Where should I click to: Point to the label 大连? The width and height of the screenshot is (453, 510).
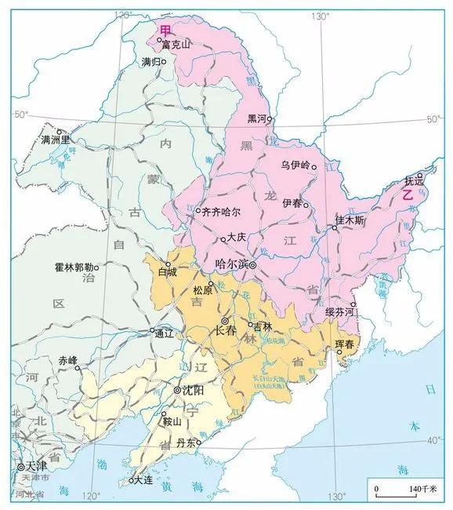(144, 480)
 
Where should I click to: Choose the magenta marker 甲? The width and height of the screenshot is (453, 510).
(165, 30)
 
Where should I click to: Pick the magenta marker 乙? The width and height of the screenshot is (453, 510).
(408, 196)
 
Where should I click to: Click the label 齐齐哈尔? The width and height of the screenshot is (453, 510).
(221, 211)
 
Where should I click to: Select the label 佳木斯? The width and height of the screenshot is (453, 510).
(350, 219)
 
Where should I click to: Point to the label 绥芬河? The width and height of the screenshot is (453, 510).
(341, 312)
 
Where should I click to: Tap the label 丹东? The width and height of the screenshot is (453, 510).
(187, 443)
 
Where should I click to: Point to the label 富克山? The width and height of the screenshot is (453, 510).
(176, 45)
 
